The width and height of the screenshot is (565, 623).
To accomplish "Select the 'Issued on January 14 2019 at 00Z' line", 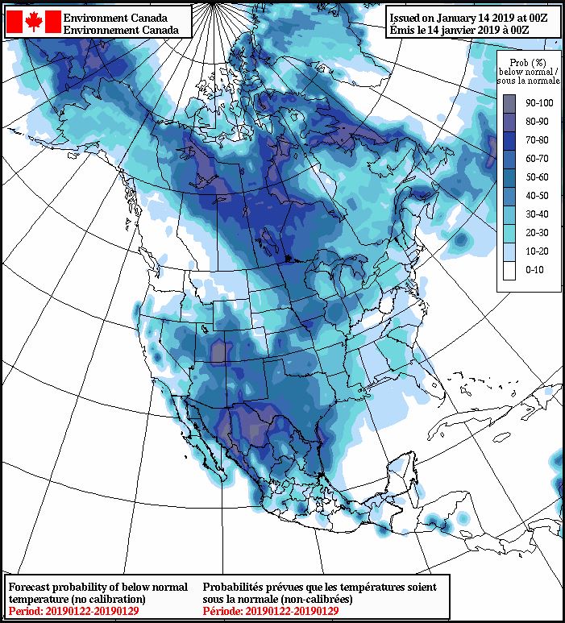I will pos(472,16).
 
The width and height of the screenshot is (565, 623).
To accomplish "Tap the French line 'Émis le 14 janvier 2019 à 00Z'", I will pos(472,29).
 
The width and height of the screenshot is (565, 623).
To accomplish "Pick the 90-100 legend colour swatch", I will pos(509,103).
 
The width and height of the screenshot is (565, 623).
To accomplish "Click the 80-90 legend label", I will pos(536,121).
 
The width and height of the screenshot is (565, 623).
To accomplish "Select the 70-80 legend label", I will pos(536,139).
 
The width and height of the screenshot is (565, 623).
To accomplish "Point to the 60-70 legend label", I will pos(536,158).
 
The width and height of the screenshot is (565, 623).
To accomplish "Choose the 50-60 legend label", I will pos(536,177).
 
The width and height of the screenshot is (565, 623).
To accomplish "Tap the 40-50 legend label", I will pos(536,195).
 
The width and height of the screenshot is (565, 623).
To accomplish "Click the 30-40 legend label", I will pos(536,214).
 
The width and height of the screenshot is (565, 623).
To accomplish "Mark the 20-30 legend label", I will pos(536,232).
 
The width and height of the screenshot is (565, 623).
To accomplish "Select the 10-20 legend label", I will pos(536,251).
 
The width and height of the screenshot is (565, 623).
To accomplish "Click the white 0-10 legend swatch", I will pos(509,269).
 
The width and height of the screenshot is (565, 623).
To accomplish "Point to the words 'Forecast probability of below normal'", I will pos(98,587).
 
